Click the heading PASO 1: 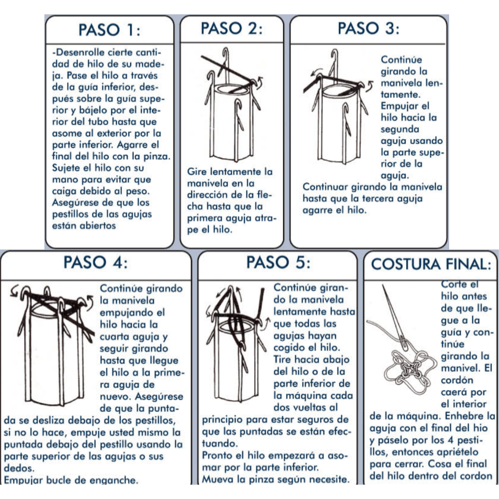coord(109,30)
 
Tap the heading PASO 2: coord(231,28)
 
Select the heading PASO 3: coord(368,28)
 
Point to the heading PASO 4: coord(96,263)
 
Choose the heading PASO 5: coord(279,263)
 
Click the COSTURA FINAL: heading coord(431,264)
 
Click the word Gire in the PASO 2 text coord(196,171)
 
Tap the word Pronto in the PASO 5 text coord(217,456)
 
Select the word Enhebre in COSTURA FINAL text coord(464,416)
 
